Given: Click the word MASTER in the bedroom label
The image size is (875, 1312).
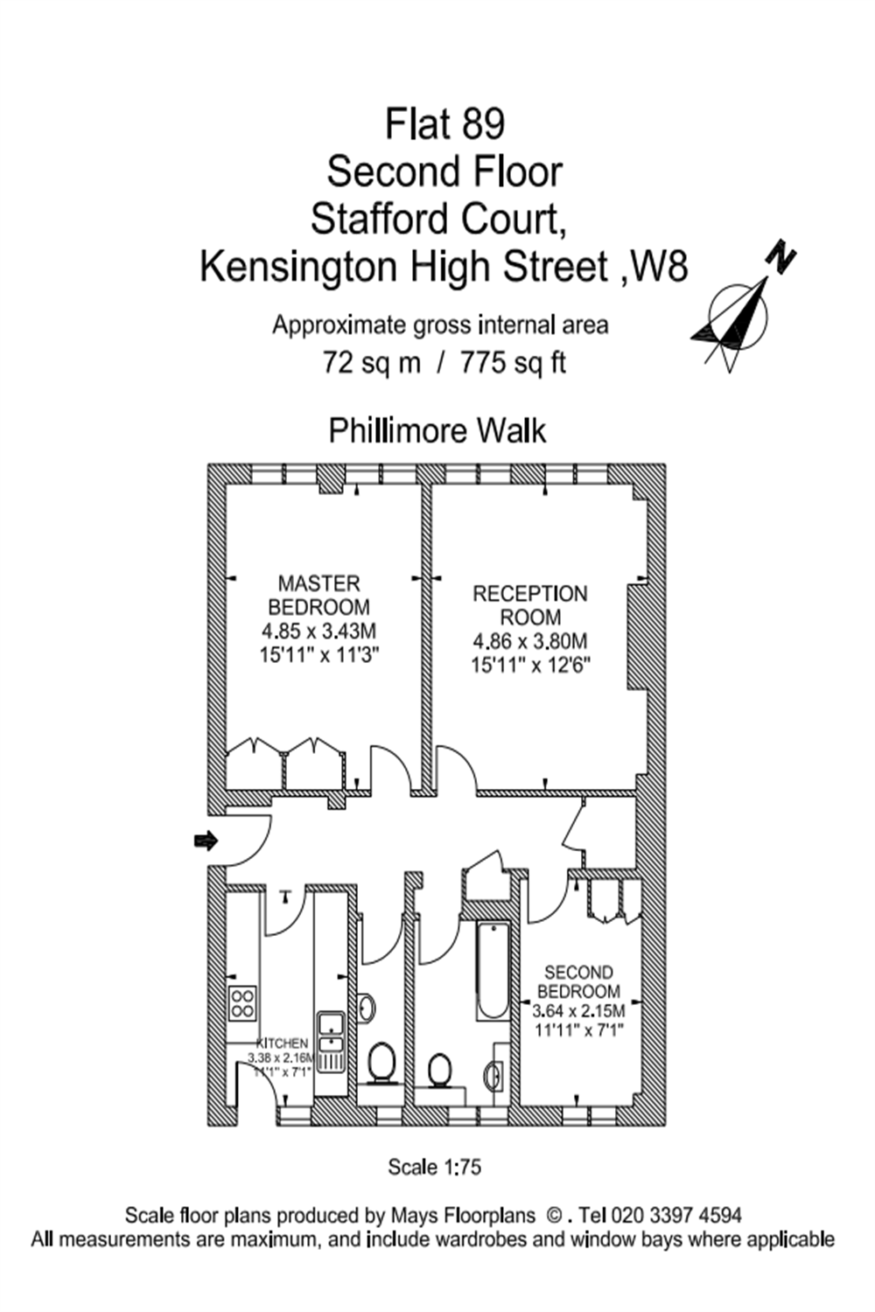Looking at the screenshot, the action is point(318,583).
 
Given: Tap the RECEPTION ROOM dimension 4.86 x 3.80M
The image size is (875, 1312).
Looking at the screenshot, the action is point(529,641).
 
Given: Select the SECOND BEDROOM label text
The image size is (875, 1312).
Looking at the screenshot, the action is point(578,981).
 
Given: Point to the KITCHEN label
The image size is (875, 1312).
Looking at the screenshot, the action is point(282,1043).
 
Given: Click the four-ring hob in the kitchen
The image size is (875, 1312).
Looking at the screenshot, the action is point(242,1003).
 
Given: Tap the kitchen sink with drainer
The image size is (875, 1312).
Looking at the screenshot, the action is point(331,1041).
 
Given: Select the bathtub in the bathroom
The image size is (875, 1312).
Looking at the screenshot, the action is point(493,970).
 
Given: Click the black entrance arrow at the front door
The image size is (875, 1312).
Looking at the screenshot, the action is point(205,841).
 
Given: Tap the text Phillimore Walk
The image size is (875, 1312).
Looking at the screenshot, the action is point(437,431).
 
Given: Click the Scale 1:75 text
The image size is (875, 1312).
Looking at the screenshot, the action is point(434,1167).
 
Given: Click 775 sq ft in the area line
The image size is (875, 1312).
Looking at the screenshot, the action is point(513,362).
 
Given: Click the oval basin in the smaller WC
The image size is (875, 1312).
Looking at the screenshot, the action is point(366,1008).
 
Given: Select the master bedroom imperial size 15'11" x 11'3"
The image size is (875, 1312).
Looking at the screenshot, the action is point(318,654).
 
